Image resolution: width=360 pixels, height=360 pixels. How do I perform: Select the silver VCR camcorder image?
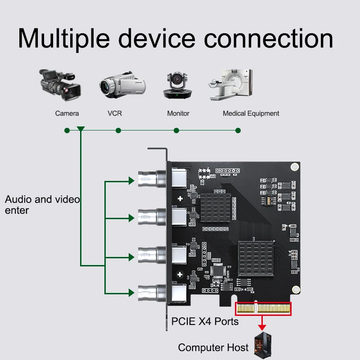(x=117, y=85)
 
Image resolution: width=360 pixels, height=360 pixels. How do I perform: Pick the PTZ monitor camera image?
(x=177, y=85)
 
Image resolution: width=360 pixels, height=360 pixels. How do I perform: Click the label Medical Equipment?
(x=251, y=113)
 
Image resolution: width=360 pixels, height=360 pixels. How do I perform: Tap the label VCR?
(x=115, y=113)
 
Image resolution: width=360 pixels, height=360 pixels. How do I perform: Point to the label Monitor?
(x=178, y=113)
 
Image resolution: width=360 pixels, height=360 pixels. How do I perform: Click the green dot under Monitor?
(x=176, y=130)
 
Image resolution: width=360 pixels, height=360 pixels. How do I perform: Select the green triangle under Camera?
(x=81, y=130)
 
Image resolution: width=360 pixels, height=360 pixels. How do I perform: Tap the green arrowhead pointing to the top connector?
(x=131, y=181)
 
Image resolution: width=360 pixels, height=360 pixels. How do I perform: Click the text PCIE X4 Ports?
(x=205, y=322)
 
